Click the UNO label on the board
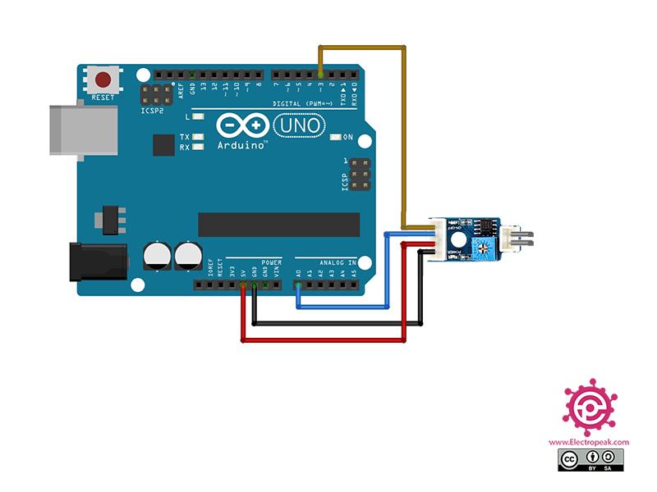(x=298, y=125)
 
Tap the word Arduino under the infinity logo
(x=241, y=145)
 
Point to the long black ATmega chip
(x=278, y=224)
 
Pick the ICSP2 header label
(x=153, y=109)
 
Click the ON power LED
(x=335, y=137)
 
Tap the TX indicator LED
(x=197, y=137)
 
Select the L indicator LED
(x=197, y=118)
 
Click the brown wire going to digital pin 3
(x=403, y=131)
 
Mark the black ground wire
(x=337, y=323)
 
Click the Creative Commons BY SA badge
(x=589, y=459)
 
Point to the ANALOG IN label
(x=336, y=262)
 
